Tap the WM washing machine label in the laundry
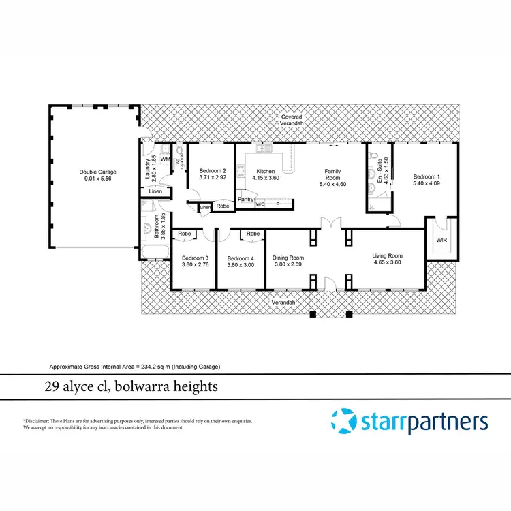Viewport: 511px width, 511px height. pyautogui.click(x=164, y=159)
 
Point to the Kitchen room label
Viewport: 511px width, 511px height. pyautogui.click(x=265, y=171)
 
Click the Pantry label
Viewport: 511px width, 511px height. pyautogui.click(x=245, y=200)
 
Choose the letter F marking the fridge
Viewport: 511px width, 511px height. pyautogui.click(x=277, y=204)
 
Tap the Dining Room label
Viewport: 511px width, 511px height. pyautogui.click(x=288, y=258)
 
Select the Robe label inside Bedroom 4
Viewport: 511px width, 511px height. pyautogui.click(x=253, y=234)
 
